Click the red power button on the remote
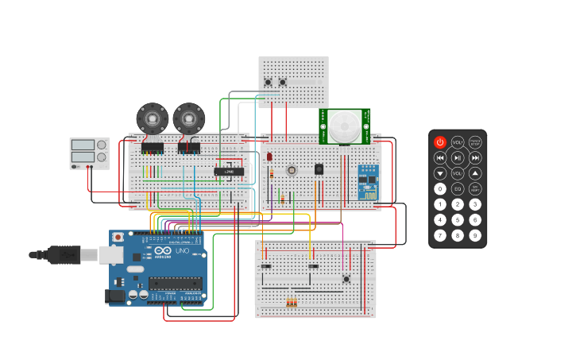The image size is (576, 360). tap(440, 142)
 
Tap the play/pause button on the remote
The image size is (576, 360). tap(458, 157)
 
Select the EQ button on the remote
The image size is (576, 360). tap(458, 189)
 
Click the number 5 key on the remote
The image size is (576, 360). tap(458, 220)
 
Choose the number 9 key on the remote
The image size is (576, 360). tap(475, 235)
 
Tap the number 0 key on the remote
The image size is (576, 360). tap(440, 189)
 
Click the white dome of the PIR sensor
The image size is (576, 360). tap(345, 126)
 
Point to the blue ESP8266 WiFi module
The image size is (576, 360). tap(368, 182)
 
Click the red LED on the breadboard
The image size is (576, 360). tap(270, 157)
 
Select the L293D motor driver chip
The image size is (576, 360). tap(229, 171)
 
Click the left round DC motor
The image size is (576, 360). tap(151, 118)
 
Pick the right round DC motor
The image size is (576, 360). tap(188, 118)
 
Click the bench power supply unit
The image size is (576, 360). tap(89, 153)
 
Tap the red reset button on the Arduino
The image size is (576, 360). tap(118, 237)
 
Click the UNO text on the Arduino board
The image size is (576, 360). tap(181, 251)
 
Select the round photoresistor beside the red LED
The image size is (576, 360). tap(292, 170)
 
